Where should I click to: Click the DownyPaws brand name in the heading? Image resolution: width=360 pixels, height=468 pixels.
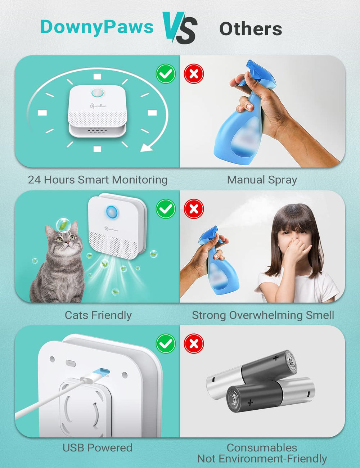click(x=97, y=27)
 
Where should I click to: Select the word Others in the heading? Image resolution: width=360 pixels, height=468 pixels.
click(x=251, y=29)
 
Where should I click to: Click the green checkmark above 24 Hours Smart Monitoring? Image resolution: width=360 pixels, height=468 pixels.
click(x=166, y=74)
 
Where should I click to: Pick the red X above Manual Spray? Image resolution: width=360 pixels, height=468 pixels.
click(x=194, y=74)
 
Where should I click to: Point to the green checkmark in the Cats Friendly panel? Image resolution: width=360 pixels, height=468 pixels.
click(x=166, y=209)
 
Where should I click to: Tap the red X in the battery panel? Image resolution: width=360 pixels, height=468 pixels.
click(x=194, y=343)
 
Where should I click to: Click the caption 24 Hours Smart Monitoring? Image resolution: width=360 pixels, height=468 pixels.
click(x=98, y=180)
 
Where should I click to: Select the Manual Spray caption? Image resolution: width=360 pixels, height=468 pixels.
click(x=262, y=180)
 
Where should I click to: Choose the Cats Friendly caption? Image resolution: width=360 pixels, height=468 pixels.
click(x=98, y=315)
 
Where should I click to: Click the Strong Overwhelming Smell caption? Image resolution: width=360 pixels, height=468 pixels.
click(x=263, y=315)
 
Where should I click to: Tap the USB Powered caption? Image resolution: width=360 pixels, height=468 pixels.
click(x=97, y=447)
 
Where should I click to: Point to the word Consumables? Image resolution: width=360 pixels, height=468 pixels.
click(x=262, y=447)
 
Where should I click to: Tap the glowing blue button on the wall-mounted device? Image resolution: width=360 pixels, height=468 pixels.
click(x=111, y=211)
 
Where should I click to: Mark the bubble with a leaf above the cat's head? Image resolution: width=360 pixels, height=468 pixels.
click(x=63, y=224)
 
